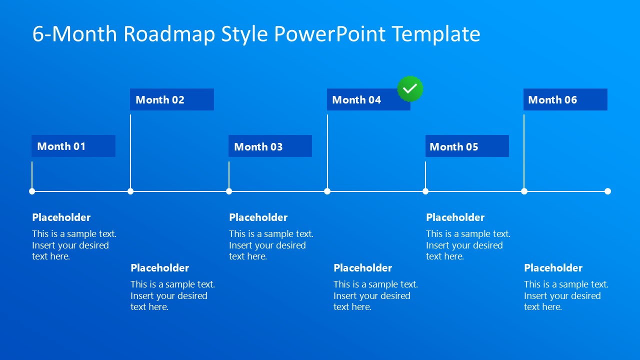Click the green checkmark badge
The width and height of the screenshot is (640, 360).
click(x=410, y=89)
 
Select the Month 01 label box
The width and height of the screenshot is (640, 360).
click(x=73, y=146)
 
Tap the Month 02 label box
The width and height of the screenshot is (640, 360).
click(x=172, y=99)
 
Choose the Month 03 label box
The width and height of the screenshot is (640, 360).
click(x=270, y=146)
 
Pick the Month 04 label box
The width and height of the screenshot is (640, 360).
click(x=368, y=99)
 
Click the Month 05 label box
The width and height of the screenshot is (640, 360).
click(x=467, y=146)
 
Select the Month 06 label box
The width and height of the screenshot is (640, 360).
click(x=565, y=99)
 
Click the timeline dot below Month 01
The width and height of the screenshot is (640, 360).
click(x=32, y=191)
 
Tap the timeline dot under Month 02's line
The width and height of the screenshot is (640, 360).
click(x=130, y=191)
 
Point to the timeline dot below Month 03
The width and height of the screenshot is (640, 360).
click(x=229, y=191)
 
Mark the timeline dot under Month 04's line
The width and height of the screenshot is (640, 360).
click(x=327, y=191)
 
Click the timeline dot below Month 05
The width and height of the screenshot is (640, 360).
click(x=425, y=191)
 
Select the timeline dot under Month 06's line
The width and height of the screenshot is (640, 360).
click(x=524, y=191)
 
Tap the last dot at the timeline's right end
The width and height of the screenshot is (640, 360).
click(x=607, y=191)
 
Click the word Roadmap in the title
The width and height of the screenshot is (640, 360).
click(x=169, y=34)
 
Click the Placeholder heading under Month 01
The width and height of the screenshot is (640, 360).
click(x=61, y=217)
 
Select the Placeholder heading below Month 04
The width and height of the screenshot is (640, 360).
click(x=363, y=268)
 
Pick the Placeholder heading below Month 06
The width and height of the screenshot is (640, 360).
click(x=553, y=268)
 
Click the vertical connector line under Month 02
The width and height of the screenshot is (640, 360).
click(x=130, y=150)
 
